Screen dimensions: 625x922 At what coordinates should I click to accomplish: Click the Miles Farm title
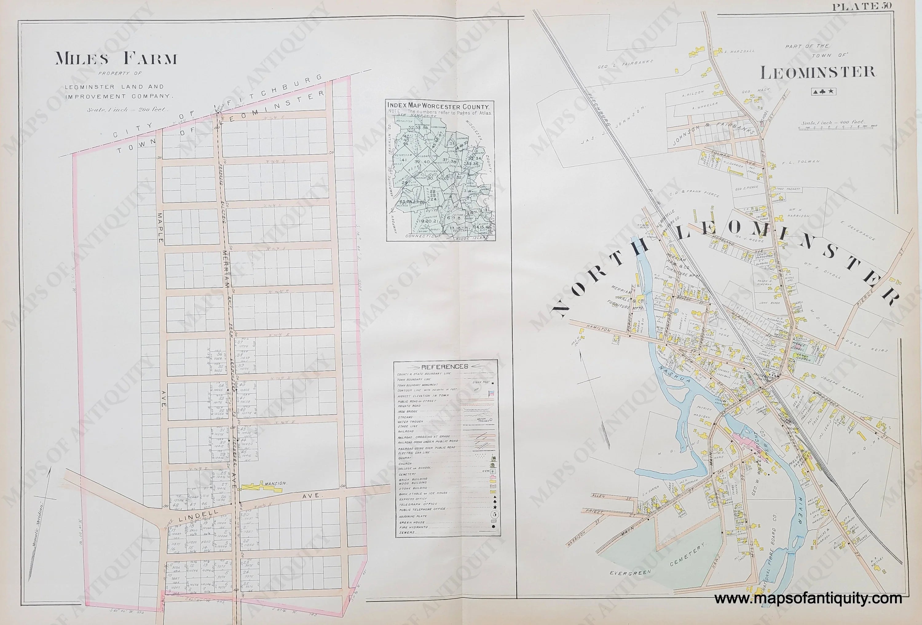coord(116,59)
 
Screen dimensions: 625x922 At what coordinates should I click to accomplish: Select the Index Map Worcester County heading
coord(439,106)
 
